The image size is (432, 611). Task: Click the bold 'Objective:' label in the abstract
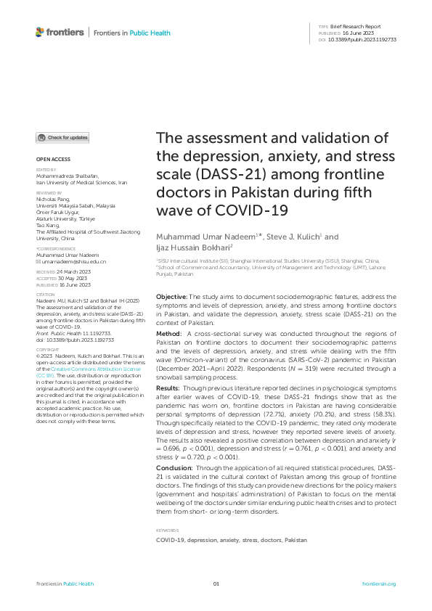172,297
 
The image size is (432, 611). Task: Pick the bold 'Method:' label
170,332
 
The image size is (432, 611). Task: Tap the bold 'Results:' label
171,389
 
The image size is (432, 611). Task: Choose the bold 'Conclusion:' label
176,468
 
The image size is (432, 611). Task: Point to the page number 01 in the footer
216,583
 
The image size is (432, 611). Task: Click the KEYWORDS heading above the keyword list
167,530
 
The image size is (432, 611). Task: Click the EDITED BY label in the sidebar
46,170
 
